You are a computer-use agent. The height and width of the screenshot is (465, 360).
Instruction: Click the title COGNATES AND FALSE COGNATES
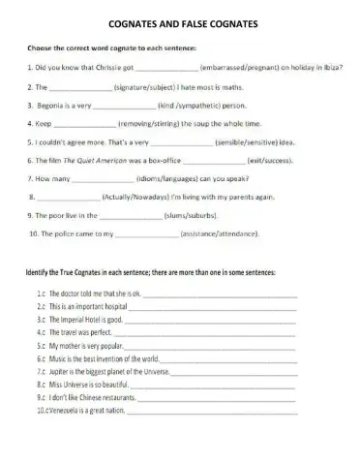[180, 22]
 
